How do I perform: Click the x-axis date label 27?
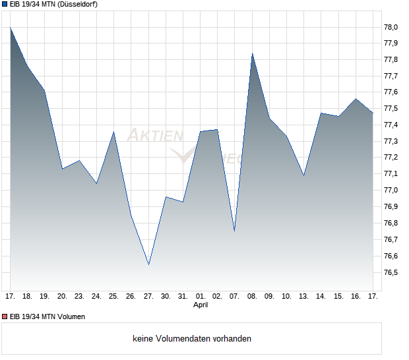pos(148,297)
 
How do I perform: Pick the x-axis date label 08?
pos(252,297)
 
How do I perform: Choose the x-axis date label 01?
pos(201,297)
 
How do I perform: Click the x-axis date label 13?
pos(303,297)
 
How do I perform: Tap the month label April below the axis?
pos(201,305)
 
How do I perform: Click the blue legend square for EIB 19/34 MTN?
pos(5,5)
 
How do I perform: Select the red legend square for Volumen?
pos(5,316)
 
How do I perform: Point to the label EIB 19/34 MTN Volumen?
pos(47,316)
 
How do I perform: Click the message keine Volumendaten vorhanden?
pos(192,339)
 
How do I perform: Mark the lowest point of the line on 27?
pos(148,264)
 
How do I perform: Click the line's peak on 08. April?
pos(252,53)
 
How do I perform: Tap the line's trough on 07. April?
pos(234,231)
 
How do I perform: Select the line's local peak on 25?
pos(114,132)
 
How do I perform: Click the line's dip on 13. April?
pos(303,175)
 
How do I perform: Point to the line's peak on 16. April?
pos(356,99)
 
